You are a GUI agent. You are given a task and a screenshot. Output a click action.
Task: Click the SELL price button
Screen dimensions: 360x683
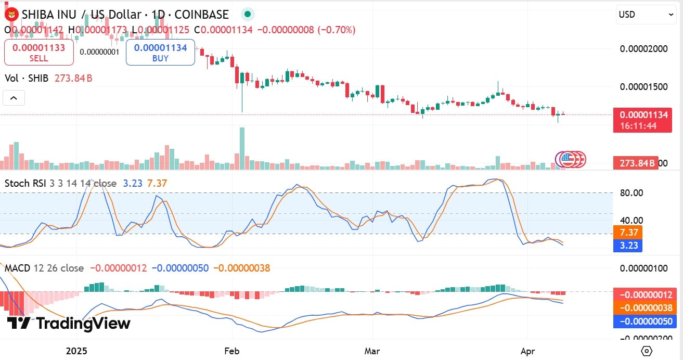coord(39,52)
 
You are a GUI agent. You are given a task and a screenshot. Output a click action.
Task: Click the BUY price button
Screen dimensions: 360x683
coord(160,52)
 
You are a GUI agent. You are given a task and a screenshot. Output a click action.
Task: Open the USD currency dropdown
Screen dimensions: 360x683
coord(646,15)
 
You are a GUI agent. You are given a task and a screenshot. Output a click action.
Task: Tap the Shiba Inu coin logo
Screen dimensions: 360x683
coord(10,14)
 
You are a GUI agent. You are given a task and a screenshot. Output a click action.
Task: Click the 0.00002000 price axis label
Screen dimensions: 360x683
coord(644,49)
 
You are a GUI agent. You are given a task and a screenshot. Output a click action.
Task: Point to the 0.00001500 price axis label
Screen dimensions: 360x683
coord(644,86)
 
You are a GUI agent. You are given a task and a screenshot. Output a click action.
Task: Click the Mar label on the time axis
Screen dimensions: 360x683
coord(372,351)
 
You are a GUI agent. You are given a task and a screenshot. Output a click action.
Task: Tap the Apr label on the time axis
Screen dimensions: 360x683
coord(527,351)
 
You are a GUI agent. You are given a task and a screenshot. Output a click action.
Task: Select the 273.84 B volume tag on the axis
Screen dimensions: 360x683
coord(635,163)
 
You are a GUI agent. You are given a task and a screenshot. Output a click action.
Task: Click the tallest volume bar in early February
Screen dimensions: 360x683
coord(242,148)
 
